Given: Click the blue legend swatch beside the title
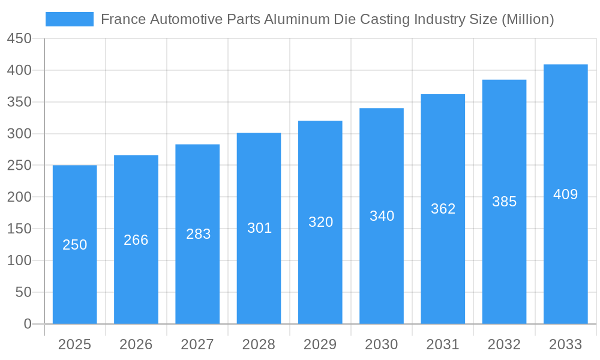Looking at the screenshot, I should [69, 19].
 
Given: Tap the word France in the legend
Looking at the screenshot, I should [123, 19].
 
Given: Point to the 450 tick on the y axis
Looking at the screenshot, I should [19, 39].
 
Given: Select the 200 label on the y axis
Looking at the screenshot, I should [19, 197].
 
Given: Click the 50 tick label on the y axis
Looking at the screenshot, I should [23, 292].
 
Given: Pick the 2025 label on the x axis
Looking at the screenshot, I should [74, 344].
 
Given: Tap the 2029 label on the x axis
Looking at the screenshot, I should [320, 344].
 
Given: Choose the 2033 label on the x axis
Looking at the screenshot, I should [565, 344].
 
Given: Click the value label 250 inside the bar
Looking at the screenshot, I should [75, 245].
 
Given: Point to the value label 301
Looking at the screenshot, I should [259, 228].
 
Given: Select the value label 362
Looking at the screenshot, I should [443, 209].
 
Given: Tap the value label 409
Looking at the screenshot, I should [565, 194].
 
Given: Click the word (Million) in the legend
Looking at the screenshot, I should [527, 19].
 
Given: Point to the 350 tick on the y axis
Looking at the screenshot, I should [19, 102].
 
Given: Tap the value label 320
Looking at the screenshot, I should [320, 222].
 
